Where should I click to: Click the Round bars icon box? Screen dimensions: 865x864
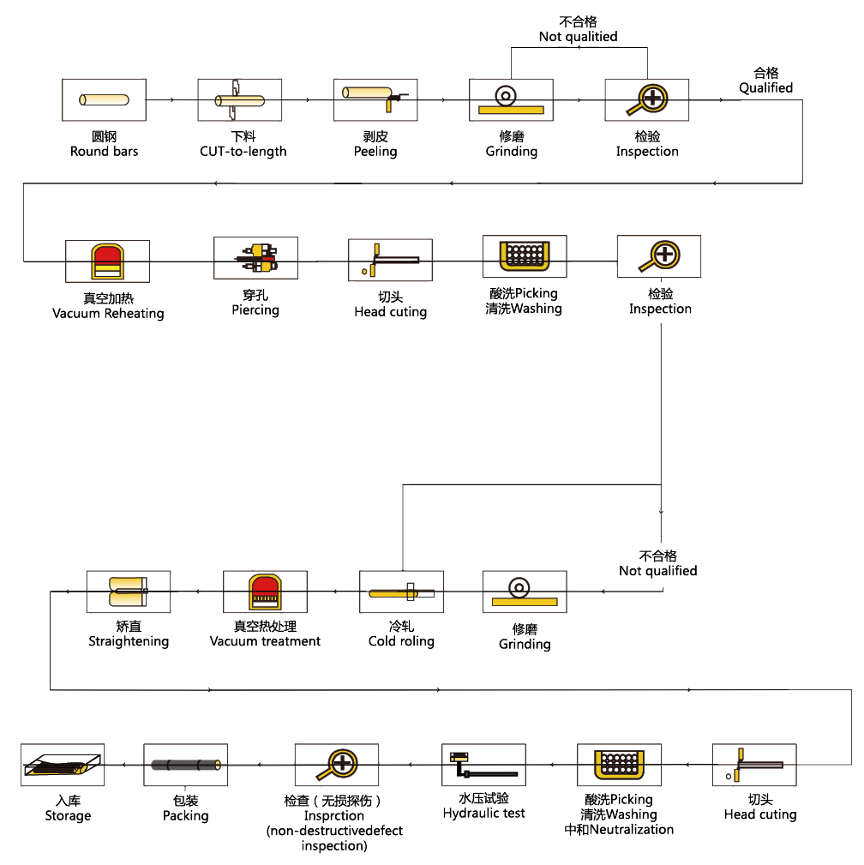pyautogui.click(x=104, y=100)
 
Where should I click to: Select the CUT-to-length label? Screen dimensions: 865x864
pyautogui.click(x=243, y=152)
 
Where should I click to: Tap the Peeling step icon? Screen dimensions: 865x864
pyautogui.click(x=375, y=99)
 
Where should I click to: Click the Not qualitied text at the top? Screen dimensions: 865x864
pyautogui.click(x=578, y=37)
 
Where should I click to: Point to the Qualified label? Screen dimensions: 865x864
pyautogui.click(x=765, y=87)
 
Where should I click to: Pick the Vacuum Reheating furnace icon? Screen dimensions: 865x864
pyautogui.click(x=107, y=261)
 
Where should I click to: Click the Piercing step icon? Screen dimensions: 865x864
pyautogui.click(x=255, y=257)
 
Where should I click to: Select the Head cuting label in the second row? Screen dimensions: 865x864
pyautogui.click(x=390, y=312)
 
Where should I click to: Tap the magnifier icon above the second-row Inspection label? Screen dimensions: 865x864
pyautogui.click(x=659, y=256)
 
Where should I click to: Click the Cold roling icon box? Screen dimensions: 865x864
pyautogui.click(x=401, y=592)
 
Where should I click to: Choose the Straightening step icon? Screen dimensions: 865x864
pyautogui.click(x=129, y=592)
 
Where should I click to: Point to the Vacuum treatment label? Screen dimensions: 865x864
pyautogui.click(x=265, y=641)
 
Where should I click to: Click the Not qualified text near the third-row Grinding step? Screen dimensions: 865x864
pyautogui.click(x=658, y=571)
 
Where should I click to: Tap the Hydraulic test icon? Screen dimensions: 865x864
pyautogui.click(x=483, y=765)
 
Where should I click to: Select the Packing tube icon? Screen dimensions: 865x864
pyautogui.click(x=185, y=765)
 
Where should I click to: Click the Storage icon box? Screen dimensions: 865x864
pyautogui.click(x=63, y=765)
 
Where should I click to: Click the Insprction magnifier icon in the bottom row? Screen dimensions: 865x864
pyautogui.click(x=336, y=765)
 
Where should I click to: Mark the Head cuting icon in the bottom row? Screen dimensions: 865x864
pyautogui.click(x=753, y=765)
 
